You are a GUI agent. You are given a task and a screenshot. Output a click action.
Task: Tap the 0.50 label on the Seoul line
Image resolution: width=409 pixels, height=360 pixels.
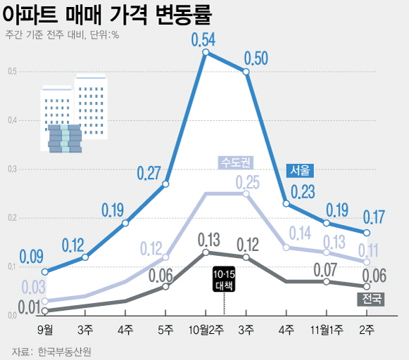coord(255,58)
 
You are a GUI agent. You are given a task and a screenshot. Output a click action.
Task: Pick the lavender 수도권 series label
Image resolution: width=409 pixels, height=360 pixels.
coord(235,162)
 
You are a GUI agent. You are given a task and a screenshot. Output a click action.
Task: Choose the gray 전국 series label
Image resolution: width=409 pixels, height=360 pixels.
coord(371,300)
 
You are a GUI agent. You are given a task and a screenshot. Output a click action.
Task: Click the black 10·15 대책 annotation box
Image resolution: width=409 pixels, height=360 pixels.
coord(224,279)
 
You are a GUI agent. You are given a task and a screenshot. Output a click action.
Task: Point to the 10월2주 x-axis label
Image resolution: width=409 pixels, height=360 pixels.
coord(206,329)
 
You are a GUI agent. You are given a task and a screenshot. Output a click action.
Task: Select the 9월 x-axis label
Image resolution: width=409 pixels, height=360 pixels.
coord(44,329)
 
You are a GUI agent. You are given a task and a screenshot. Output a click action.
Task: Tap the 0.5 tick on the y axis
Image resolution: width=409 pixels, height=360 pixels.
coord(12,71)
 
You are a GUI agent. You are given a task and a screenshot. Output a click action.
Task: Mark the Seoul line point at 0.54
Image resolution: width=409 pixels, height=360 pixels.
coord(206,52)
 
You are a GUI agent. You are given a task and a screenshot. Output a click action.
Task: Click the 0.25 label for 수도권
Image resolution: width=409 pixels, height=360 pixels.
coord(247,183)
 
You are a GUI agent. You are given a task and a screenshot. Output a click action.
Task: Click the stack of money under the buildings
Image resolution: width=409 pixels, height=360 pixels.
coord(65,138)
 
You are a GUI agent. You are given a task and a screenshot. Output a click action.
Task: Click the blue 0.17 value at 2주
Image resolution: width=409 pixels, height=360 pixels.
coord(374,217)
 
